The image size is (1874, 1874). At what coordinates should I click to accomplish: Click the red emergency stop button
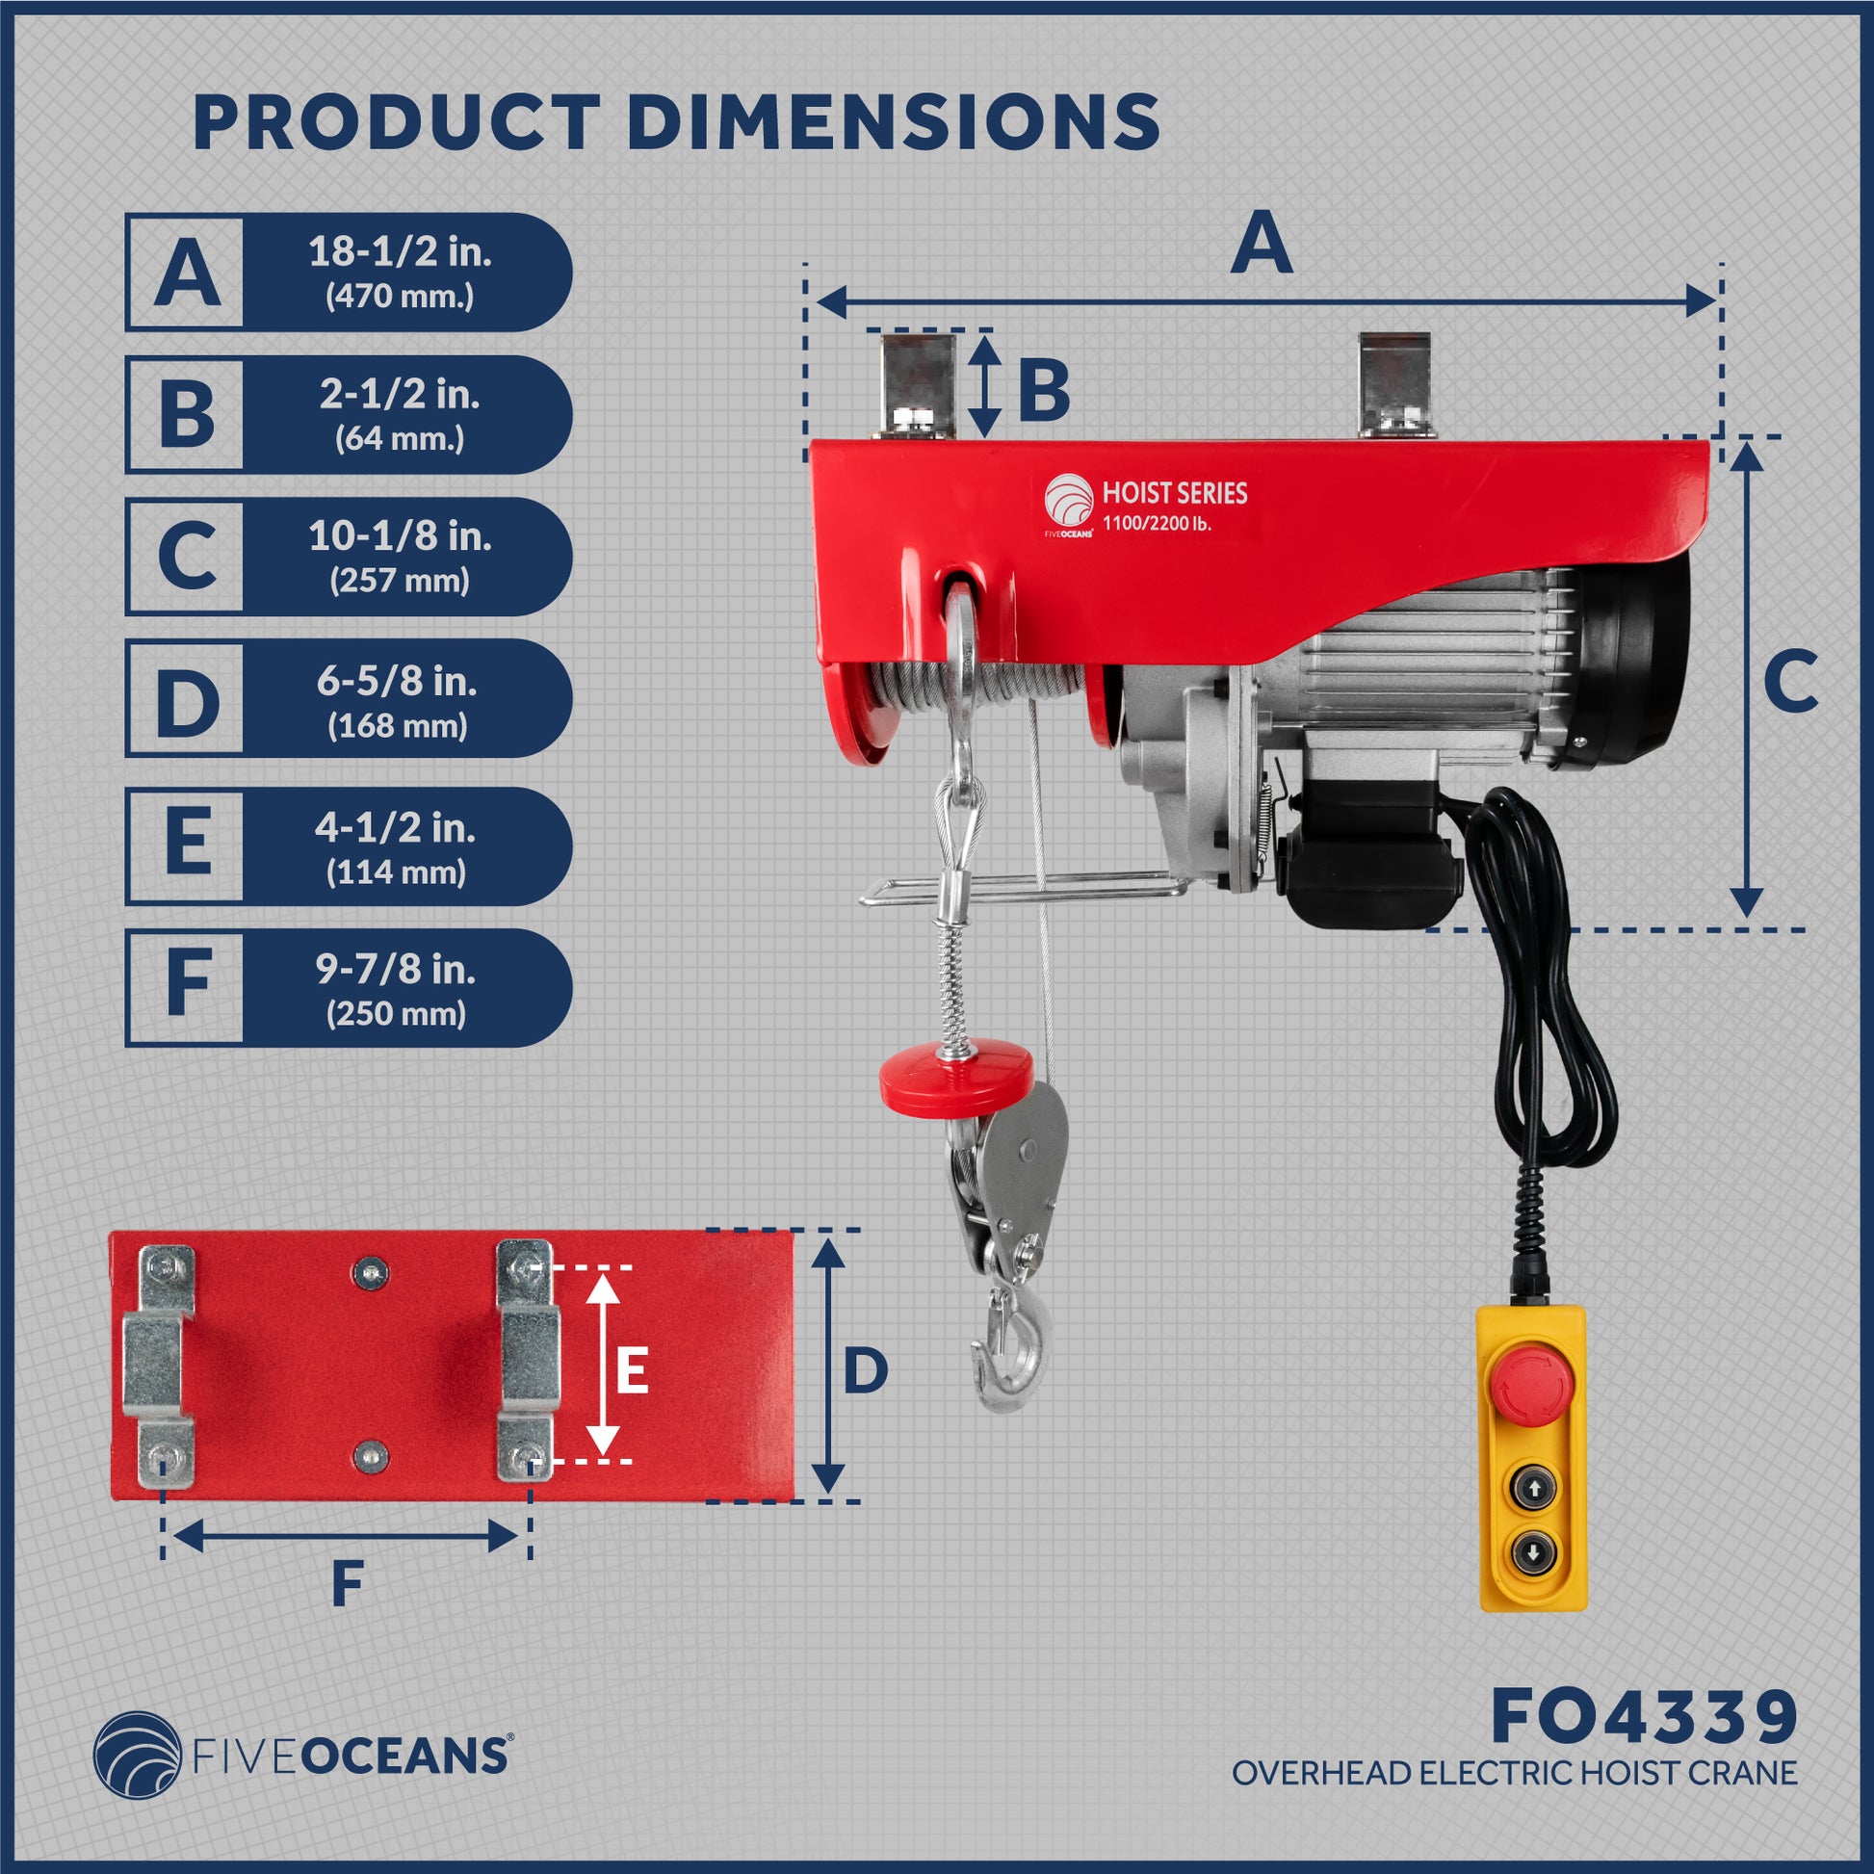(1526, 1382)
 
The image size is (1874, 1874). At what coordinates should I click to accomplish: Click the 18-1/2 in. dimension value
(400, 252)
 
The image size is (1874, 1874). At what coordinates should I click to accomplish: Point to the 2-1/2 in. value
(400, 394)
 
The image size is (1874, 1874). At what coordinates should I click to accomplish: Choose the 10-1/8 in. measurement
(400, 535)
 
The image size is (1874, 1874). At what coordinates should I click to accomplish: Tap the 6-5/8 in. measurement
(397, 681)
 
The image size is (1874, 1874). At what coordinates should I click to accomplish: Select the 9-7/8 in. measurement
(396, 969)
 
